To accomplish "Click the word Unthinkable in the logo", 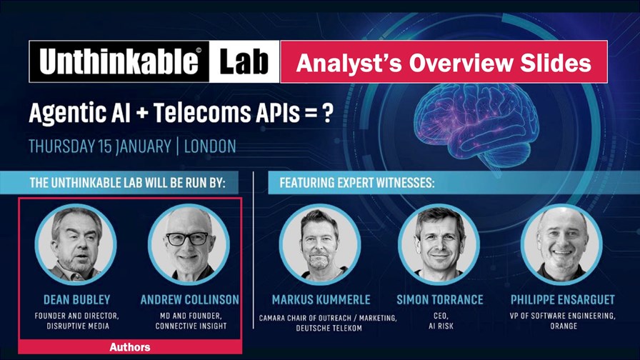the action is point(119,61).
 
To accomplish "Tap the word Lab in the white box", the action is point(244,61).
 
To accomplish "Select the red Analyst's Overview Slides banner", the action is point(444,61).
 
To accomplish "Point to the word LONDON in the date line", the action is point(210,146).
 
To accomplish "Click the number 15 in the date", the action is point(105,146).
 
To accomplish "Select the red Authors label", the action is point(130,347).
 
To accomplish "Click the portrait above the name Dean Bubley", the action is point(76,244).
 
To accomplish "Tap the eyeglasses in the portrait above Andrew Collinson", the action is point(187,239).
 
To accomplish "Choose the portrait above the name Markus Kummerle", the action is point(319,244).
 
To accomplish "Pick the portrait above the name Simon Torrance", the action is point(439,244).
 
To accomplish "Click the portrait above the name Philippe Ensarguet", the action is point(561,244).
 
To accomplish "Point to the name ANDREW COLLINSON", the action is point(190,299).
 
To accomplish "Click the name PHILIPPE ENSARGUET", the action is point(562,299).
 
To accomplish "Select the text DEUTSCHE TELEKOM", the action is point(329,328).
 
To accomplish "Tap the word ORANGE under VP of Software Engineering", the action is point(564,326).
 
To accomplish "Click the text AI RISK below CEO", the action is point(441,326).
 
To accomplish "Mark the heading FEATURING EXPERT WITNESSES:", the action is point(357,182).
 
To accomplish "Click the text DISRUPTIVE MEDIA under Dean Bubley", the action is point(78,326).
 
